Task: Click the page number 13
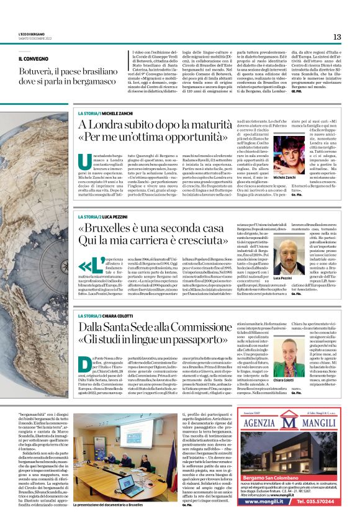(x=337, y=37)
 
